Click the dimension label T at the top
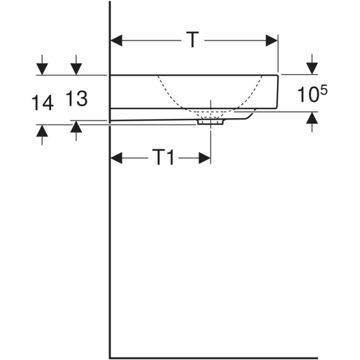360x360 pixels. [x=192, y=41]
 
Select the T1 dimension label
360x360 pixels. [x=163, y=158]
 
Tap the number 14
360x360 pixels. [x=42, y=103]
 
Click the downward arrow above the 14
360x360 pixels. [x=43, y=69]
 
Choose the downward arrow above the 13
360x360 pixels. [x=75, y=69]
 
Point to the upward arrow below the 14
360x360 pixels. [x=43, y=131]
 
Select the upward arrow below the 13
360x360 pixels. [x=75, y=127]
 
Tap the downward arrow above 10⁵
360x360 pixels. [x=310, y=68]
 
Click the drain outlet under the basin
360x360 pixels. [x=210, y=121]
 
